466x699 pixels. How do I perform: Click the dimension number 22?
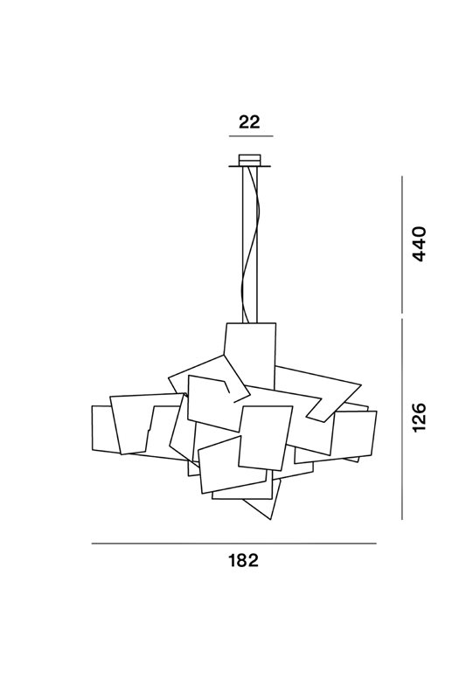click(x=249, y=121)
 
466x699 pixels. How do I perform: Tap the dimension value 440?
click(x=420, y=244)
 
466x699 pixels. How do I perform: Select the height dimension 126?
click(x=420, y=417)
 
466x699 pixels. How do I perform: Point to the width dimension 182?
click(x=243, y=560)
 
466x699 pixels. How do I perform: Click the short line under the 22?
click(x=251, y=135)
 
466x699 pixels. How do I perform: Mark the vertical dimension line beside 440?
click(x=402, y=245)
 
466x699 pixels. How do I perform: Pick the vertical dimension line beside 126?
click(x=402, y=419)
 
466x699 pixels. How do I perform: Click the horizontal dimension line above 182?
click(x=234, y=543)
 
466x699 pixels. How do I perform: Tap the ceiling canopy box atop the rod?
click(x=249, y=160)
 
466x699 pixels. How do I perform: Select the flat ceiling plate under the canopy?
click(x=250, y=167)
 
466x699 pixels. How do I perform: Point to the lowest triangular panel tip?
click(x=270, y=519)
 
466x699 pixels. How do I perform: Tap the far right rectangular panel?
click(x=357, y=434)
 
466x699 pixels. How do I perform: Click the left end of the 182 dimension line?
click(x=92, y=543)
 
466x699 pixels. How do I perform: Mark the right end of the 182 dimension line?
click(x=376, y=543)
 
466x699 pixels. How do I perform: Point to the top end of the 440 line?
click(x=402, y=176)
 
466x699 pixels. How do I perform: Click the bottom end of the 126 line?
click(x=402, y=519)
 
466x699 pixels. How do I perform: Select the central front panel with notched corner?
click(x=265, y=437)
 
